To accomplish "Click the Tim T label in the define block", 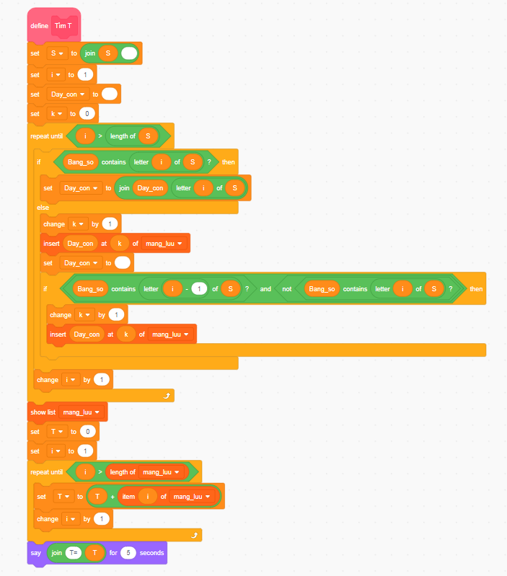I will tap(64, 26).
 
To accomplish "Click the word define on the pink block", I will tap(39, 26).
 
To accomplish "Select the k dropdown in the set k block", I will tap(56, 113).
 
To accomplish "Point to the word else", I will tap(43, 207).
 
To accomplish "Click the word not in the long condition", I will tap(288, 288).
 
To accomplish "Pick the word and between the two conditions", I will tap(265, 288).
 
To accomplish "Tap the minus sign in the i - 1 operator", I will tap(185, 288).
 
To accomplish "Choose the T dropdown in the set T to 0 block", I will tap(56, 431).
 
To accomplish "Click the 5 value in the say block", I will tap(128, 553).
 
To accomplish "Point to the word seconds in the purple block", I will tap(152, 553).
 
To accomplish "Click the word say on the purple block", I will tap(35, 553).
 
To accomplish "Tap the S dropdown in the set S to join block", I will tap(56, 53).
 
